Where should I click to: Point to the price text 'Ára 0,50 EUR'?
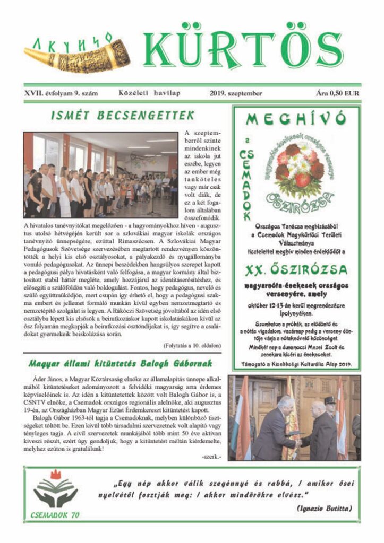[x=337, y=93]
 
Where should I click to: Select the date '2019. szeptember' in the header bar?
[x=236, y=93]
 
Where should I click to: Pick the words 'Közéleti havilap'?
[x=145, y=93]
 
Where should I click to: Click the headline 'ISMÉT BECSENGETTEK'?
[x=123, y=115]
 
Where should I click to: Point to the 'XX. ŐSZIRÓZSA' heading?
[x=296, y=270]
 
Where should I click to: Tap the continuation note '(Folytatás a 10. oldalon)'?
[x=192, y=345]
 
